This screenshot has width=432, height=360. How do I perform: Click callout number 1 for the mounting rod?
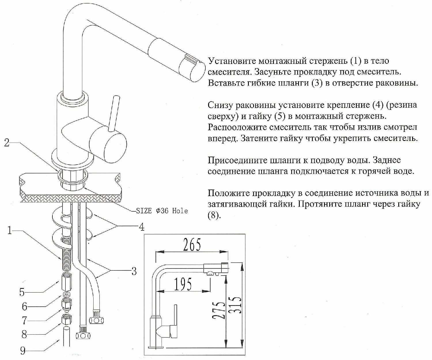[10, 230]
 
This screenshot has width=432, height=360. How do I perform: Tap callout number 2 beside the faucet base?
[7, 142]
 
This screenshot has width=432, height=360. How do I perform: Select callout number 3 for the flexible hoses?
[134, 271]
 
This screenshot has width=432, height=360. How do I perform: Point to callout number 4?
[141, 227]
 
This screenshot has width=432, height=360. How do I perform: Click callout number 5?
[22, 292]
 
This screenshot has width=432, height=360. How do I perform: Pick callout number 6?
[25, 306]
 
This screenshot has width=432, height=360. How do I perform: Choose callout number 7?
[24, 320]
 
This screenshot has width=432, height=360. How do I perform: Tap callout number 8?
[24, 334]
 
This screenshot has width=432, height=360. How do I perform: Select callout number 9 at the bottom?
[23, 350]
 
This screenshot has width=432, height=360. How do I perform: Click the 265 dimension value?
[192, 245]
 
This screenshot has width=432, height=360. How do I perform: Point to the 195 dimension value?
[183, 284]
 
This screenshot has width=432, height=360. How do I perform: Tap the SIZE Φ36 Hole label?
[162, 211]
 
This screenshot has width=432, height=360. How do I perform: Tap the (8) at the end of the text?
[213, 216]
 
